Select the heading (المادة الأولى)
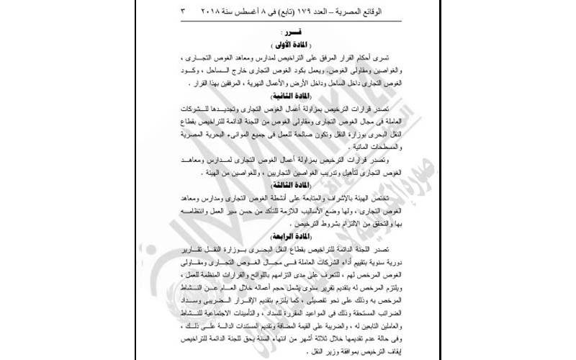(287, 45)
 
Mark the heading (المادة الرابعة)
(287, 235)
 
